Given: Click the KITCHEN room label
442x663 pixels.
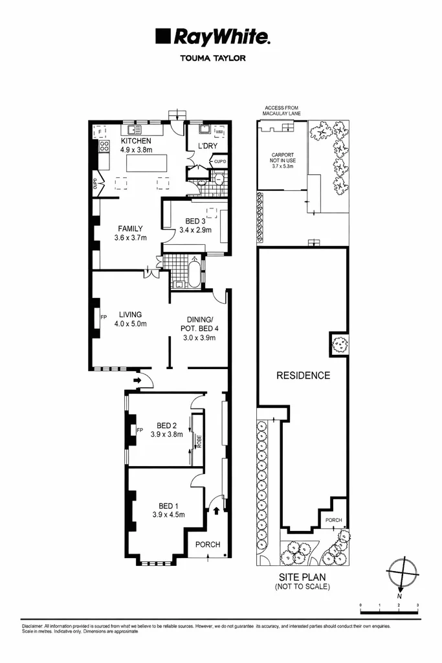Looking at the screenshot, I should coord(136,140).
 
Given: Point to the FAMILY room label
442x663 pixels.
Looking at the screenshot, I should coord(130,228).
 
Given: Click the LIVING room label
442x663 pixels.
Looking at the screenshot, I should coord(130,315).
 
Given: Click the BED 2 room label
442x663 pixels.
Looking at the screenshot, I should coord(167,425).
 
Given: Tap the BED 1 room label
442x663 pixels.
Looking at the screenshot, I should coord(169,506).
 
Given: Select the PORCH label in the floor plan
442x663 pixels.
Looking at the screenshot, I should coord(208,545).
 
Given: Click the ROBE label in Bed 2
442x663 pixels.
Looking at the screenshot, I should coord(199,441).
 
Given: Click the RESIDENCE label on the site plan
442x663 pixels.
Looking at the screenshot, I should coord(303,375).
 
